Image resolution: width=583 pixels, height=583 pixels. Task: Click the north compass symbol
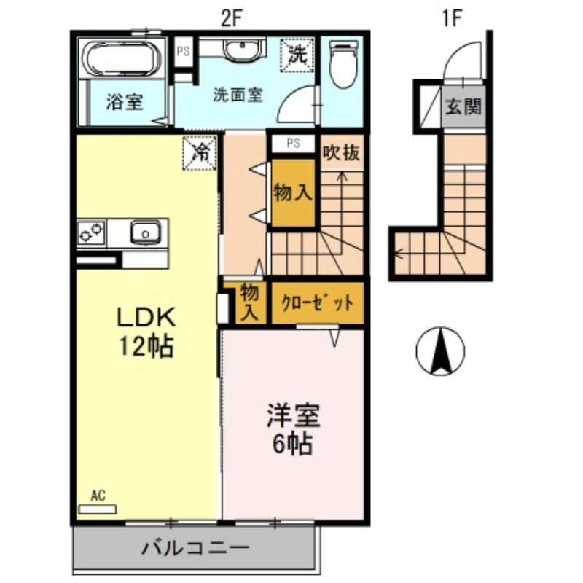440,351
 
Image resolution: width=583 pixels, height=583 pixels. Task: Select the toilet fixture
340,65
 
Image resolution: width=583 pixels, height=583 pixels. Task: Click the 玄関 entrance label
463,108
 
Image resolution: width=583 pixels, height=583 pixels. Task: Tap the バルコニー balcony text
196,547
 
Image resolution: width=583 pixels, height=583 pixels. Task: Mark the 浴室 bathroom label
124,101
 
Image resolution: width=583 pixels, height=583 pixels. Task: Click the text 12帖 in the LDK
146,345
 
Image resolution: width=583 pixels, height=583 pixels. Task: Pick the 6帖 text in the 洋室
293,442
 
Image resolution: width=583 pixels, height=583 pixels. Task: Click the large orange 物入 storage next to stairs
293,193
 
